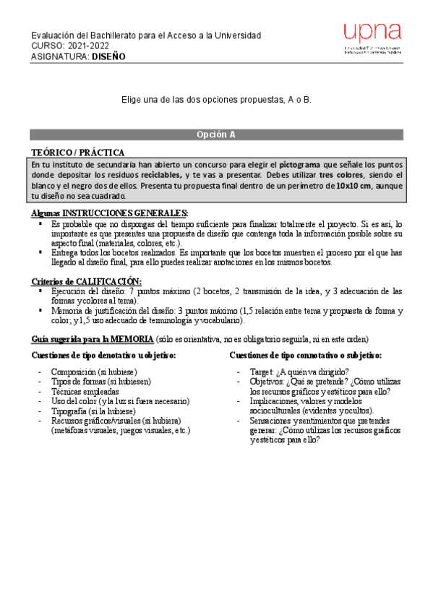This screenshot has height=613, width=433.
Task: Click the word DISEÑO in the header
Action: pos(108,56)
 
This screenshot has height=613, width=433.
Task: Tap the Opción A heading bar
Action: pos(216,134)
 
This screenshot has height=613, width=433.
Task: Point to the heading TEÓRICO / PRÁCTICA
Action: pos(77,153)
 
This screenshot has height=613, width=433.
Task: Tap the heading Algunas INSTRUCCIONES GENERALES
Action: pos(110,213)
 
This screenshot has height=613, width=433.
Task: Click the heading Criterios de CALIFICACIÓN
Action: pos(87,280)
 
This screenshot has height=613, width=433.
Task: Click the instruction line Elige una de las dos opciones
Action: pos(216,99)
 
